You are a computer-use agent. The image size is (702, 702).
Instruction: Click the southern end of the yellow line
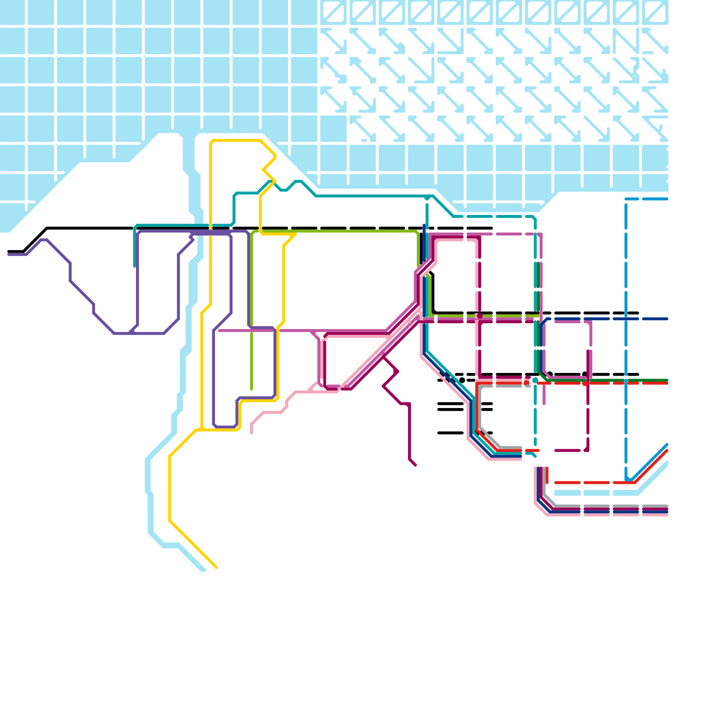coord(217,568)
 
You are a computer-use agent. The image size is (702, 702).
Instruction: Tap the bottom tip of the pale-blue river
coord(203,570)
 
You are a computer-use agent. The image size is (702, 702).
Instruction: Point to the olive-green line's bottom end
coord(251,389)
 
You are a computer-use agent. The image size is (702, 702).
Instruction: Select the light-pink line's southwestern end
coord(251,433)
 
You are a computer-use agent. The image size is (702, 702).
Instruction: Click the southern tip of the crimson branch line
coord(415,465)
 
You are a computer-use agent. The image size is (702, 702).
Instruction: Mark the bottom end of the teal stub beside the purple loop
coord(135,266)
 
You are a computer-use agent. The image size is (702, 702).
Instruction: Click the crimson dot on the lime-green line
coord(480,316)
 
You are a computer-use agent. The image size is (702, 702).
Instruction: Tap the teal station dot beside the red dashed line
coord(535,380)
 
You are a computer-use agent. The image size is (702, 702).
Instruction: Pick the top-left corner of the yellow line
coord(211,141)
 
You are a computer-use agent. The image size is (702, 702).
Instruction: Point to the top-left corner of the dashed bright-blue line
coord(626,200)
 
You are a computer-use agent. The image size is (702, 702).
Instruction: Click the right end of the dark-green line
coord(667,380)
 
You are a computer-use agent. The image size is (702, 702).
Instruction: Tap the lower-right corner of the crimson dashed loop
coord(587,450)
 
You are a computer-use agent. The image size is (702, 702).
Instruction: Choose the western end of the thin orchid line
coord(219,331)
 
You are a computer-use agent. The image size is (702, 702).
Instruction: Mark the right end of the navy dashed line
coord(667,319)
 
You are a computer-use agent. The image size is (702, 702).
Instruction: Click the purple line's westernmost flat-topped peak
coord(44,240)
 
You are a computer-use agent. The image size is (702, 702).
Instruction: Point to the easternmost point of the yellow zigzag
coord(276,156)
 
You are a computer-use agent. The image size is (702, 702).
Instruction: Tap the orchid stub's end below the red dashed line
coord(544,404)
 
